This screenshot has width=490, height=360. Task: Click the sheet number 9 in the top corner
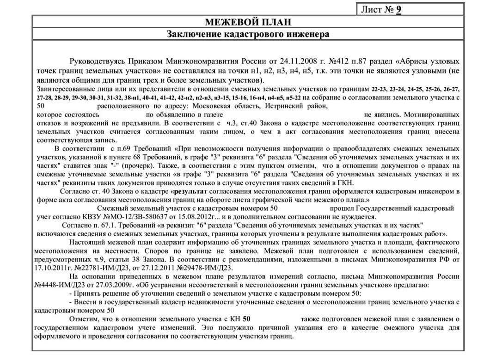[398, 10]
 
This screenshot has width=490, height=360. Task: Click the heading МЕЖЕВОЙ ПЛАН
[247, 23]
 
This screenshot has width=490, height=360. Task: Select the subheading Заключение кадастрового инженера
[247, 35]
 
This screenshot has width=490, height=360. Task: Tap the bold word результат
[191, 191]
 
